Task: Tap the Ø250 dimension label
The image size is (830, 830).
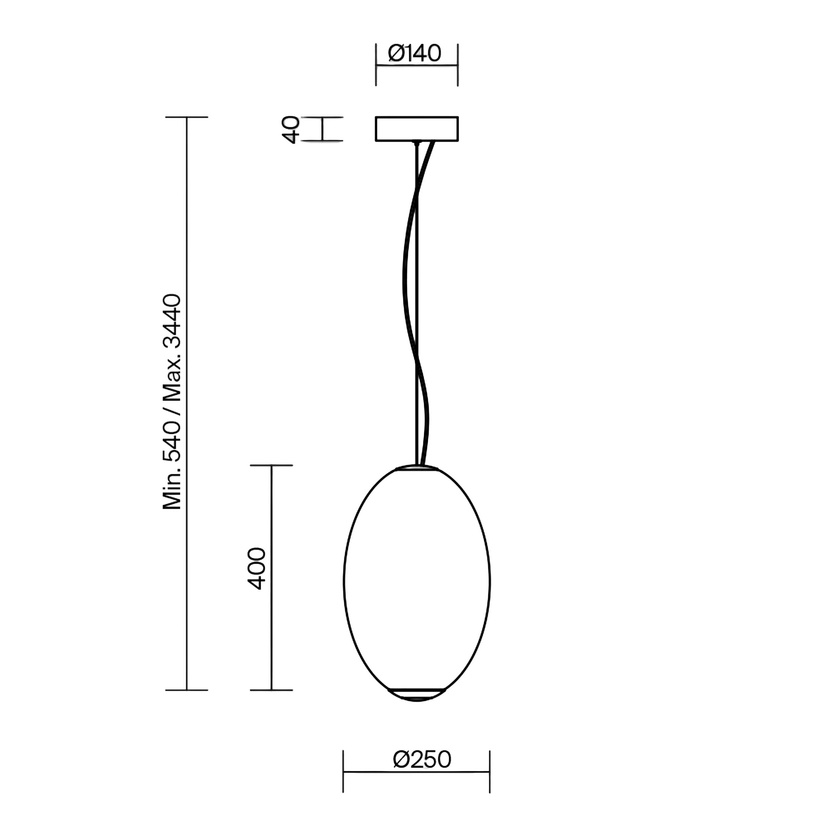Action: tap(422, 760)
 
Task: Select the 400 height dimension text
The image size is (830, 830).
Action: tap(257, 568)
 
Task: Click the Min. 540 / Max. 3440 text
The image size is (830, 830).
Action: tap(172, 402)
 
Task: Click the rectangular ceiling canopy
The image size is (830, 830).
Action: tap(417, 128)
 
